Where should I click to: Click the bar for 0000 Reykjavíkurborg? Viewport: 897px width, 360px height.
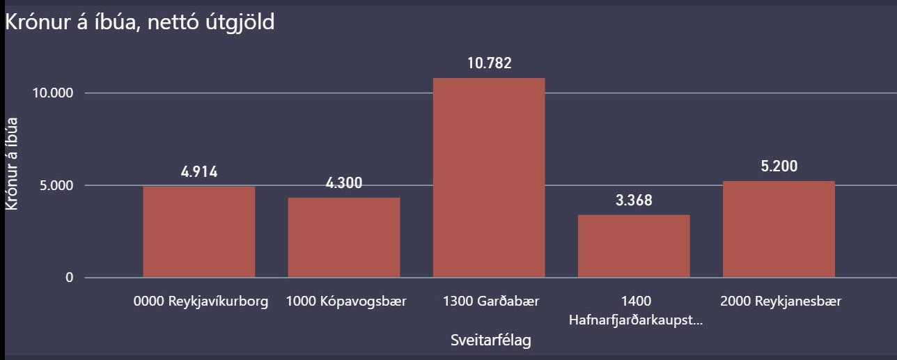(199, 232)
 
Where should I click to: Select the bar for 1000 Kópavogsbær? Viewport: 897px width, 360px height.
(344, 237)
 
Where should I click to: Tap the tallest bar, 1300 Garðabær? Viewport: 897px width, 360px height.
(489, 178)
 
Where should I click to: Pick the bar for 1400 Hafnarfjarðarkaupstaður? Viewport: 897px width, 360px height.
(634, 246)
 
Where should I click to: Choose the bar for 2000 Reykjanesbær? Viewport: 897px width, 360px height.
(779, 229)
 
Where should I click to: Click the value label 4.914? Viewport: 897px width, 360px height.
(199, 172)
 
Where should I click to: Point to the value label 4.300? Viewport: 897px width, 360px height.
(344, 184)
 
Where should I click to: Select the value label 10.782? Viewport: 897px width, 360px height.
(489, 63)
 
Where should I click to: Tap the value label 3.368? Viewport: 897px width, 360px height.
(634, 201)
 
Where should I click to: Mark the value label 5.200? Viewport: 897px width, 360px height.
(779, 166)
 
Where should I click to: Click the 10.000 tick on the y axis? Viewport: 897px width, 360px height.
(54, 93)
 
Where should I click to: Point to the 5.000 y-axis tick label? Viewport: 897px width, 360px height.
(57, 186)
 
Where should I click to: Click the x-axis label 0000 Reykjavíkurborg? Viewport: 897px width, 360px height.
(201, 302)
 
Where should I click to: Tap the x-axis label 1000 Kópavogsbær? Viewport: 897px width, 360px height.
(346, 302)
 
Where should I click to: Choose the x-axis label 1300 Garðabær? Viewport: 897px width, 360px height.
(491, 302)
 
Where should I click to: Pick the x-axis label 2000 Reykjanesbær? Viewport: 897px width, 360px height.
(781, 302)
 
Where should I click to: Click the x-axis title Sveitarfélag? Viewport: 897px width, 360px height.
(491, 341)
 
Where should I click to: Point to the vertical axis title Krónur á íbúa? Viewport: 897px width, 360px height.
(12, 163)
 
